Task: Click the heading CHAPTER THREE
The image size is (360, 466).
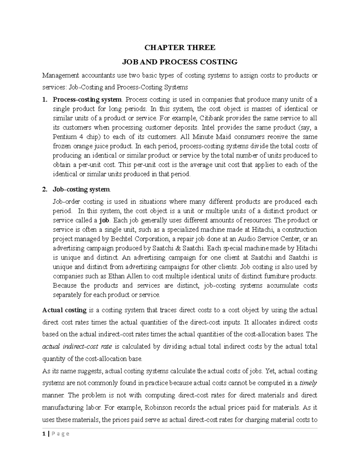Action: click(x=180, y=47)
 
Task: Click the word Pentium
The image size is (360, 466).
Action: click(x=62, y=137)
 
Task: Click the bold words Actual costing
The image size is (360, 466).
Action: click(x=64, y=310)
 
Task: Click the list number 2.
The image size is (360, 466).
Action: click(x=45, y=190)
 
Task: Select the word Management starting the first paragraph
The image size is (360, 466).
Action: click(x=59, y=75)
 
